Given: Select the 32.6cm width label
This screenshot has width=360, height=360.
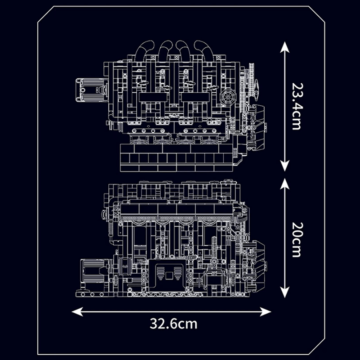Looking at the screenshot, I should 174,323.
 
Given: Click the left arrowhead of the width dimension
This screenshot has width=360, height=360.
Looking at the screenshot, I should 76,311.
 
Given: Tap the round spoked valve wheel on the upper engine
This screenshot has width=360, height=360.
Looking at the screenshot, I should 227,96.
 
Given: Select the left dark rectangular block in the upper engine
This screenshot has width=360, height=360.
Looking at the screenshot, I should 151,97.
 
